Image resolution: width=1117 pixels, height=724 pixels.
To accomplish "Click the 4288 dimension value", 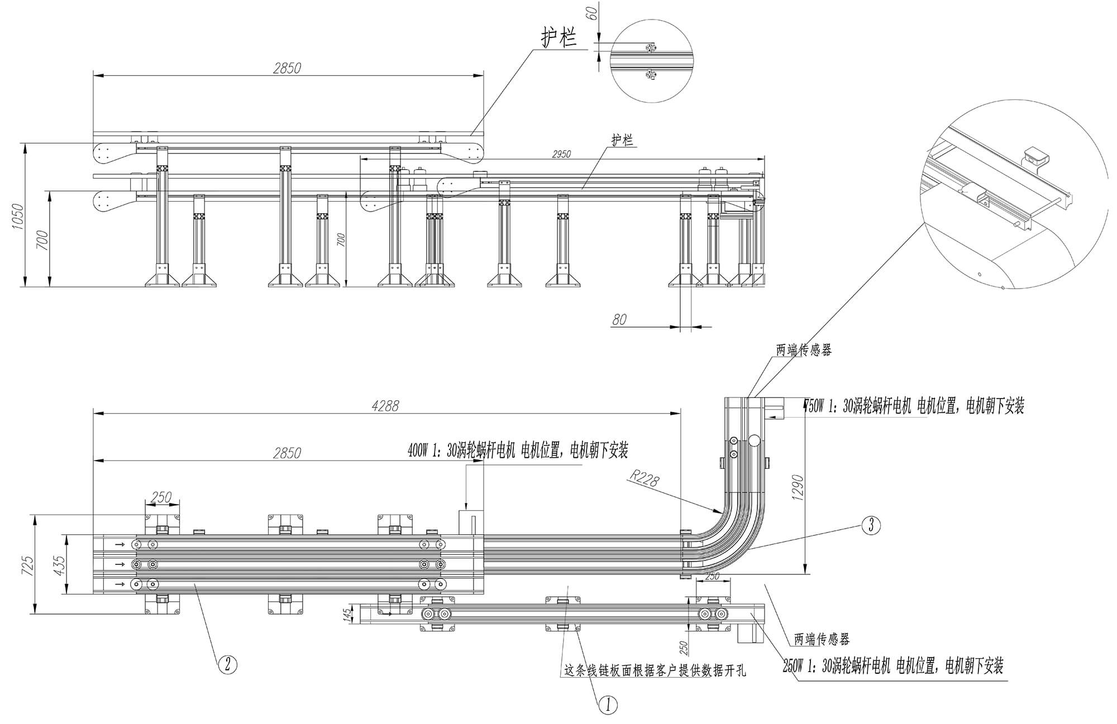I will (x=385, y=406).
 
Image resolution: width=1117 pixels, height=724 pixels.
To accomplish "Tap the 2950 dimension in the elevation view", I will (x=561, y=154).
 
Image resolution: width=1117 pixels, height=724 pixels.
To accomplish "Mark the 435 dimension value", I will (x=59, y=564).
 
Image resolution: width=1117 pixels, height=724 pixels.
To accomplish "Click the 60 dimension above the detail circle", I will (x=593, y=12).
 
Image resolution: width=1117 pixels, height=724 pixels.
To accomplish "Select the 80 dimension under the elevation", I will (x=619, y=320).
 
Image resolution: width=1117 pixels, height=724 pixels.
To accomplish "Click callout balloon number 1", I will (x=608, y=704).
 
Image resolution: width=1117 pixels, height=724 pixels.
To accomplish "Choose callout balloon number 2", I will (x=227, y=664).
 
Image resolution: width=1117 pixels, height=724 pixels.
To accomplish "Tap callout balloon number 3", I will (x=871, y=525).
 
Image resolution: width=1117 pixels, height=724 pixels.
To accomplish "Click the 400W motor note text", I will (x=518, y=450).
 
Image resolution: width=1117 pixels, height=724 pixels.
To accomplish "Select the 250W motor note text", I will (x=893, y=666).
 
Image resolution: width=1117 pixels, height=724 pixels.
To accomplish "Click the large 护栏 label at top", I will (x=558, y=38).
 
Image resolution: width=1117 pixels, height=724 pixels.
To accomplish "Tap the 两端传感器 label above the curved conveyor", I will (x=804, y=350).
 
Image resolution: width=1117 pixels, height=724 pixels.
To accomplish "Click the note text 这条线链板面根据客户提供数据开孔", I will (x=655, y=670).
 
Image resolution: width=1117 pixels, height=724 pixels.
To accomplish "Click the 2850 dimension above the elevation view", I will (x=287, y=68).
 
